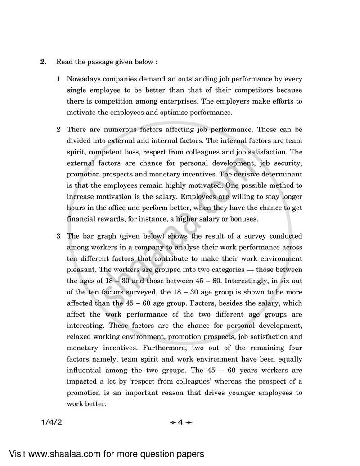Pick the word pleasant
[81, 270]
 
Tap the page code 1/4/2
[50, 422]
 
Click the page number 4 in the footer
[180, 422]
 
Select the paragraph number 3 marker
[58, 236]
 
